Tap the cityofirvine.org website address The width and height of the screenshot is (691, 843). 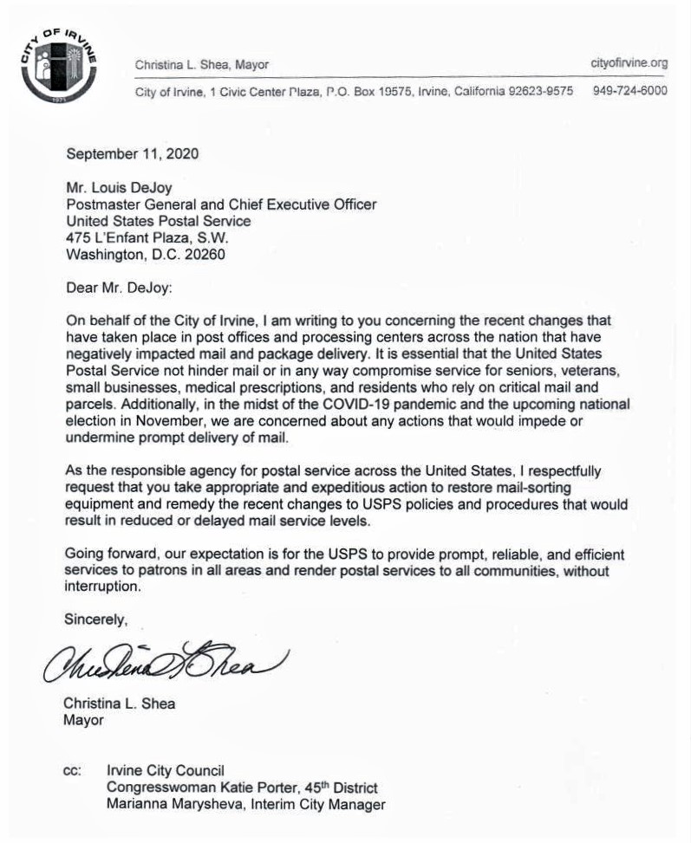[x=629, y=63]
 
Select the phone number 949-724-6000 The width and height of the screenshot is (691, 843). [x=630, y=91]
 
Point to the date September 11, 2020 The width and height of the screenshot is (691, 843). [x=133, y=155]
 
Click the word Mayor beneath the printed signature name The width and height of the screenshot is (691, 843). [x=83, y=720]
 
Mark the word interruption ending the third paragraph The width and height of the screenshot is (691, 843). [x=102, y=587]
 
